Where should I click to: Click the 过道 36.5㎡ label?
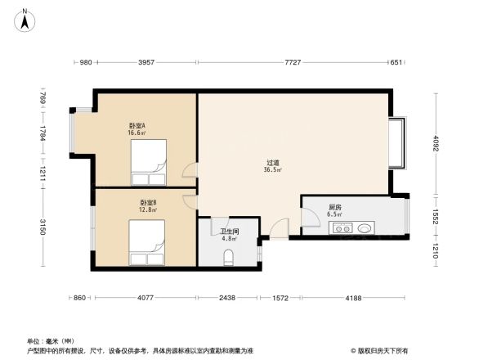coord(273,166)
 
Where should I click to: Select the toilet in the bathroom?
coord(228,259)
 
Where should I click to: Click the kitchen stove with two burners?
coord(341,228)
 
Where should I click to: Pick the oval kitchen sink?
coord(365,228)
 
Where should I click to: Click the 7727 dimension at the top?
coord(293,63)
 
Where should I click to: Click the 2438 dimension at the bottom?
coord(227,299)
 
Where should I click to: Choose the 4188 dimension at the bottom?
coord(352,299)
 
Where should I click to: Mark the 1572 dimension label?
coord(280,299)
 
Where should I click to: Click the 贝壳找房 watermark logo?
coord(381,350)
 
